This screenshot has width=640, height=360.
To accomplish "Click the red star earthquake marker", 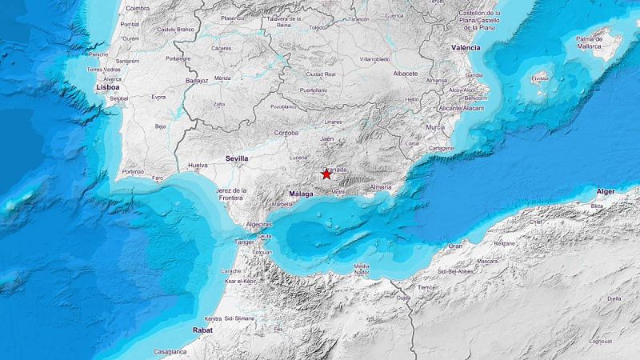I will [326, 174].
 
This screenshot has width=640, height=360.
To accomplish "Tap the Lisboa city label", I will [107, 86].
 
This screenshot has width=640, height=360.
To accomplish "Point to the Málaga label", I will [301, 194].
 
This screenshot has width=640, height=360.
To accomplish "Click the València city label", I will [466, 48].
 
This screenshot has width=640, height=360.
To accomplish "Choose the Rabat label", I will [203, 330].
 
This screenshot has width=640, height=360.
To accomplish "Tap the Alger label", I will [606, 191].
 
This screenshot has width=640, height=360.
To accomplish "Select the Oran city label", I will [454, 246].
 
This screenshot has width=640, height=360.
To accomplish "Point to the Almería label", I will [381, 186].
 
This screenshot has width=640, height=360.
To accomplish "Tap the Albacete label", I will [406, 74].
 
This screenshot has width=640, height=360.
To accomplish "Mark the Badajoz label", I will [196, 80].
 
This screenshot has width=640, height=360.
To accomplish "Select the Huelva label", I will [197, 166].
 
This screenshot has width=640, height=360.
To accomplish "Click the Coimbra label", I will [138, 8].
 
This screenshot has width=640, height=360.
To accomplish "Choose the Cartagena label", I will [441, 148].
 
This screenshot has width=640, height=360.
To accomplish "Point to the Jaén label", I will [326, 139].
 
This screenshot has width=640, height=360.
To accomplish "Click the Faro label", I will [158, 177].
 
